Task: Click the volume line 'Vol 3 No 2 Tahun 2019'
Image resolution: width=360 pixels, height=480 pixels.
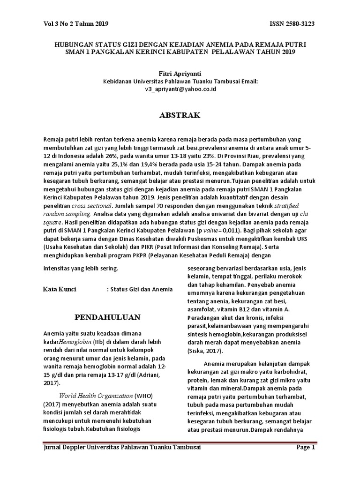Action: (x=76, y=23)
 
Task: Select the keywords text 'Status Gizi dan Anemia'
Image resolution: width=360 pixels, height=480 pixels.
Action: (x=142, y=289)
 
